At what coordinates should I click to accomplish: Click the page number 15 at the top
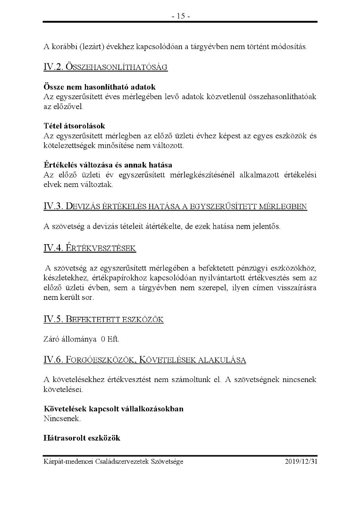(x=180, y=16)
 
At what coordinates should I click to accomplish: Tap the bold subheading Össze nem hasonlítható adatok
(x=100, y=87)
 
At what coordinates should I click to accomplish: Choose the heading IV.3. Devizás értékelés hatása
(x=175, y=206)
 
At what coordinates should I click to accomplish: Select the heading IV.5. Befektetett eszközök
(x=103, y=319)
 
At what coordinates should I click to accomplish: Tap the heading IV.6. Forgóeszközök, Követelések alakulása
(x=145, y=360)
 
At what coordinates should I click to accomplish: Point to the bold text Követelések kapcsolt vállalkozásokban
(x=114, y=408)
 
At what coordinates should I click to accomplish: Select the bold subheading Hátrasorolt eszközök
(x=82, y=438)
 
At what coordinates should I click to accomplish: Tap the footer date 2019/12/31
(x=301, y=461)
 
